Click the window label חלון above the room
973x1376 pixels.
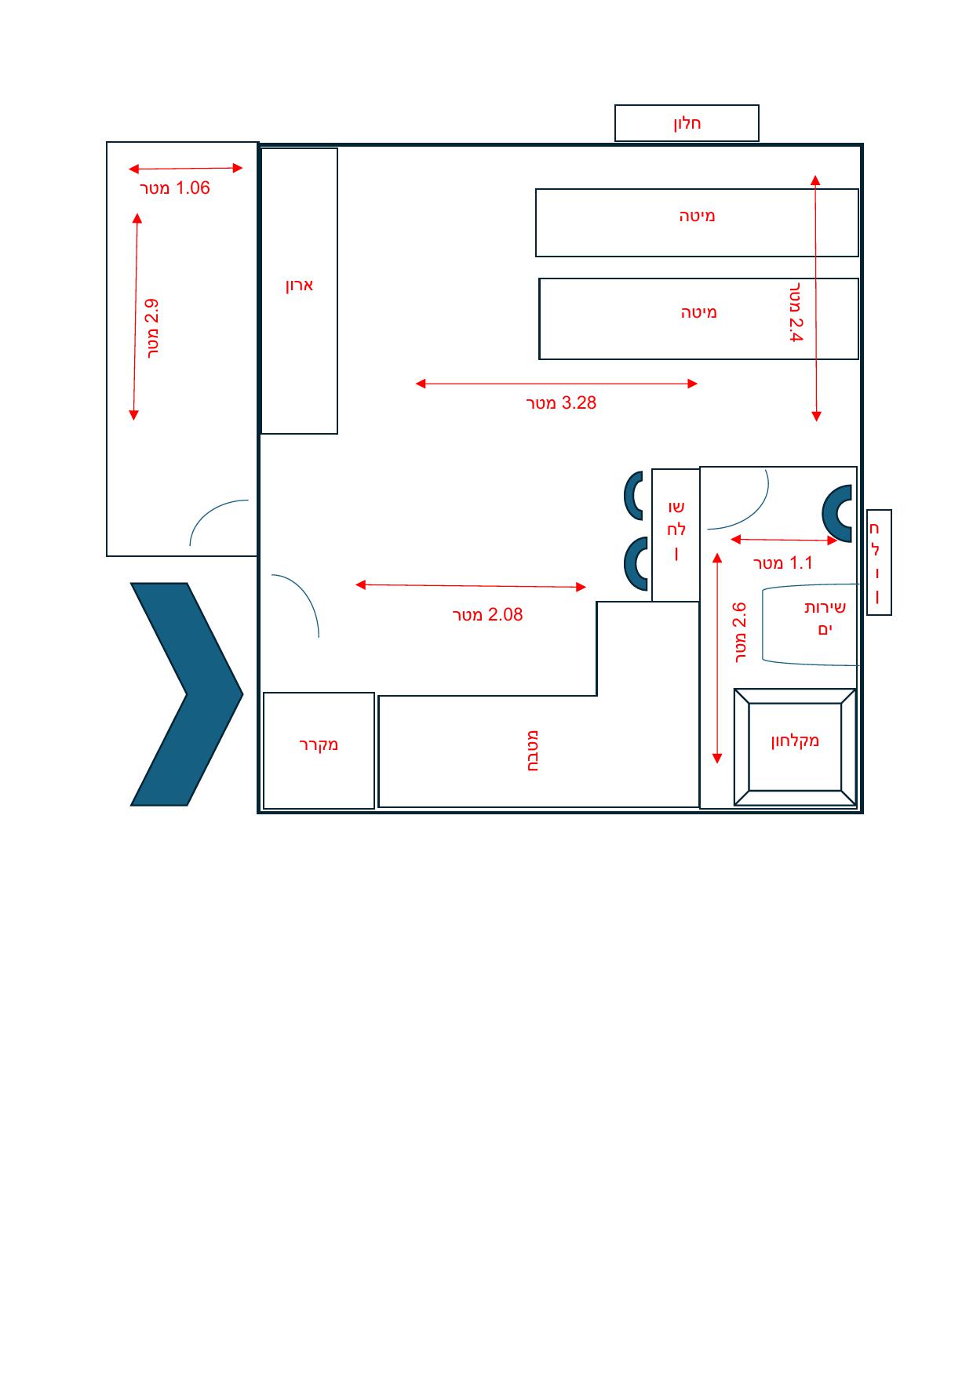(x=687, y=123)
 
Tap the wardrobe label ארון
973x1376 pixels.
(x=299, y=285)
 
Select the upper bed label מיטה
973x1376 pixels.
(x=697, y=215)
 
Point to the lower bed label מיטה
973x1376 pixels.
(x=698, y=312)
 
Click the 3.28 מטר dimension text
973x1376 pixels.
(x=561, y=403)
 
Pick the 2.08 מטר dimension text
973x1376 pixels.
(x=487, y=615)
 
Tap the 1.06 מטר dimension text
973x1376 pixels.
(x=175, y=188)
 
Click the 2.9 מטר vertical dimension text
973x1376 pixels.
(x=153, y=329)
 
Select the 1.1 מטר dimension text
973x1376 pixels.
(x=783, y=563)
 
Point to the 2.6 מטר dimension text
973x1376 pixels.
(x=740, y=633)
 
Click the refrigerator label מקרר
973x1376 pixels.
(x=319, y=744)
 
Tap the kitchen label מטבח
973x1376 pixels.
(x=532, y=751)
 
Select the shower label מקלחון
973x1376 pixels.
(x=795, y=740)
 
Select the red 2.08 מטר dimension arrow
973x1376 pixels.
(x=471, y=585)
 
